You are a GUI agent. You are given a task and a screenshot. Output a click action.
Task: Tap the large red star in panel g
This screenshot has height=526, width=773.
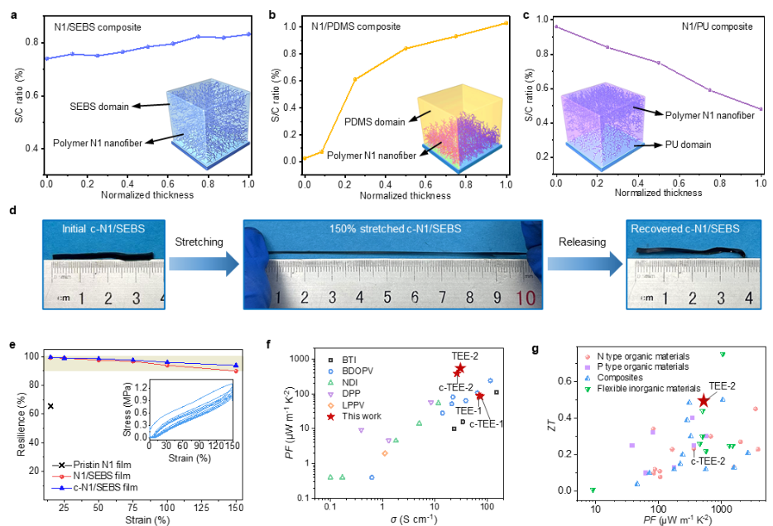coord(703,401)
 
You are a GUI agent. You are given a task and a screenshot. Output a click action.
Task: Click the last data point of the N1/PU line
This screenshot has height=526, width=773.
coord(761,109)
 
